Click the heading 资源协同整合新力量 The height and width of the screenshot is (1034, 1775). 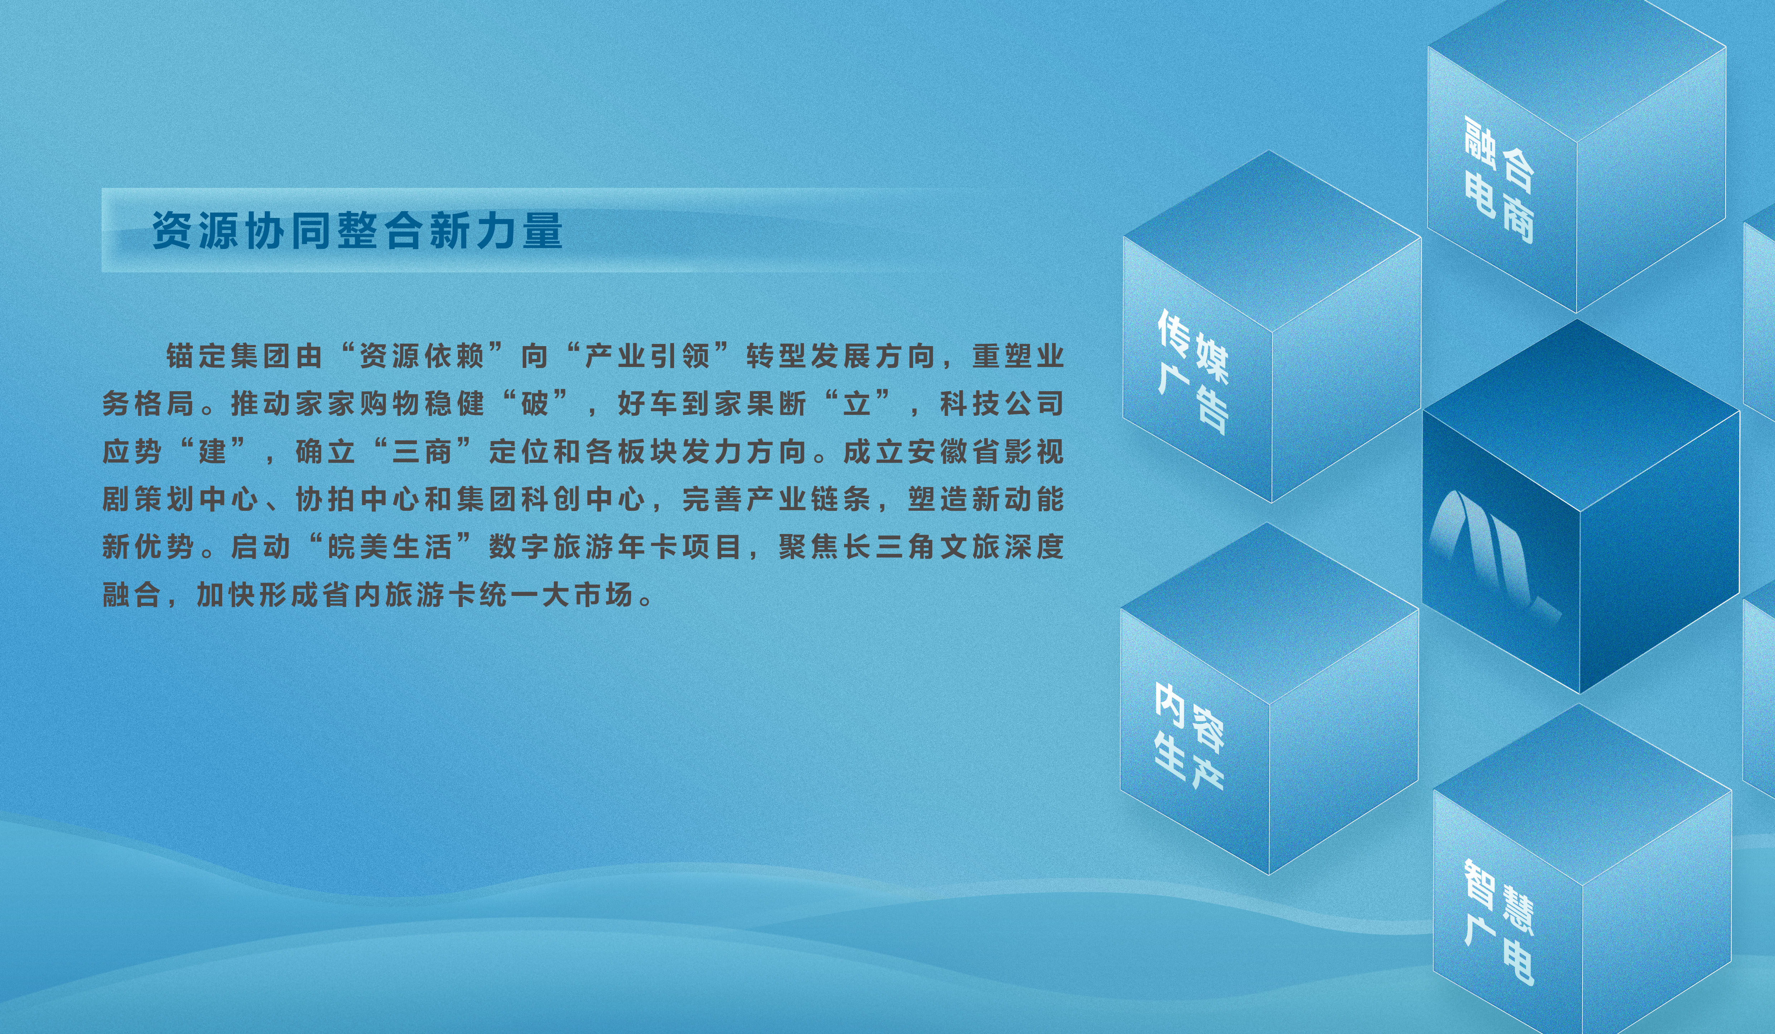pos(358,230)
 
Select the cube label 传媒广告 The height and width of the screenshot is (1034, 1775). pos(1193,371)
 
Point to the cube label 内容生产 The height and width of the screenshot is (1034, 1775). pos(1189,736)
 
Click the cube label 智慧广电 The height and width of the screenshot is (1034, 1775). pos(1499,923)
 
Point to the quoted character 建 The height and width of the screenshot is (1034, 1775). pos(212,451)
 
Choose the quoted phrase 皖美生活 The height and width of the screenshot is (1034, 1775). pos(390,547)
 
